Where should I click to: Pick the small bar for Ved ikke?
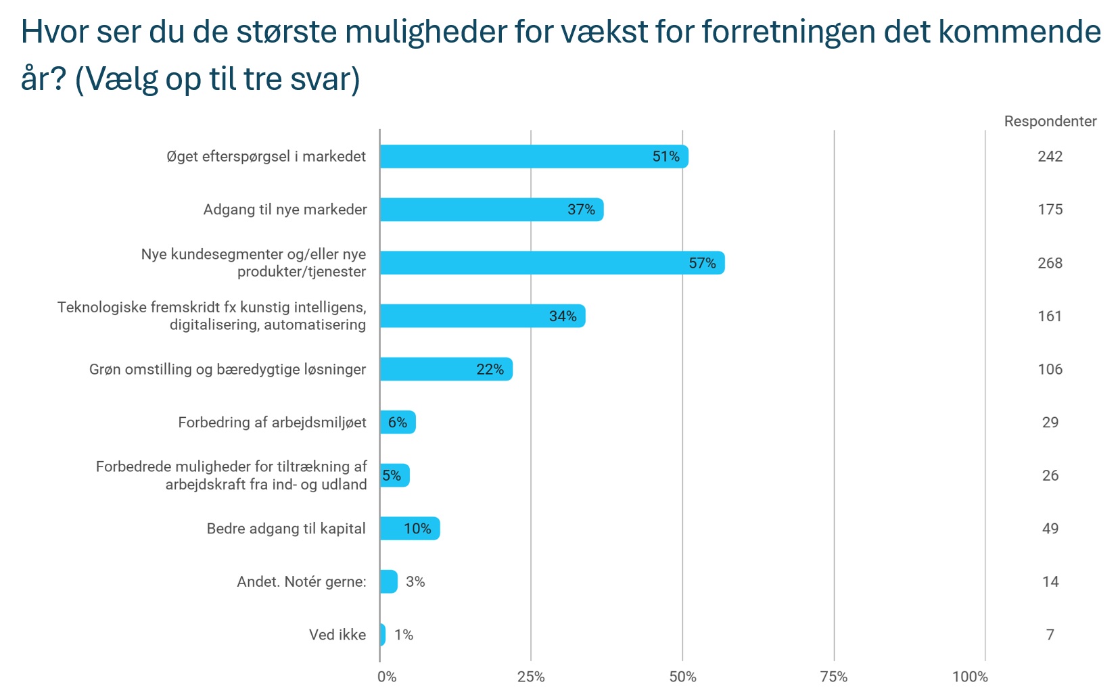[x=383, y=635]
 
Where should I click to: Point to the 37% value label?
[x=581, y=210]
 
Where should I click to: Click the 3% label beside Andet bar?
[x=415, y=581]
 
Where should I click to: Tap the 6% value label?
[x=398, y=423]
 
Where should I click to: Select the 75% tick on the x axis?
[x=833, y=677]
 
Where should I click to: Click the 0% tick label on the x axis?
[x=387, y=677]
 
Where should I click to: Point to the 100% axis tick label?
[x=970, y=677]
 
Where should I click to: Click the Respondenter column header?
[x=1050, y=122]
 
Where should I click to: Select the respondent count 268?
[x=1050, y=263]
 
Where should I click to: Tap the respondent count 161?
[x=1050, y=316]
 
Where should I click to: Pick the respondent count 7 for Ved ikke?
[x=1050, y=635]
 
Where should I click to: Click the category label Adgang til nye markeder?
[x=285, y=210]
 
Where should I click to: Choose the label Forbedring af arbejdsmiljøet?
[x=272, y=423]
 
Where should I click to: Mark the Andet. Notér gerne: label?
[x=301, y=581]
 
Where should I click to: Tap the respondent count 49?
[x=1050, y=529]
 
